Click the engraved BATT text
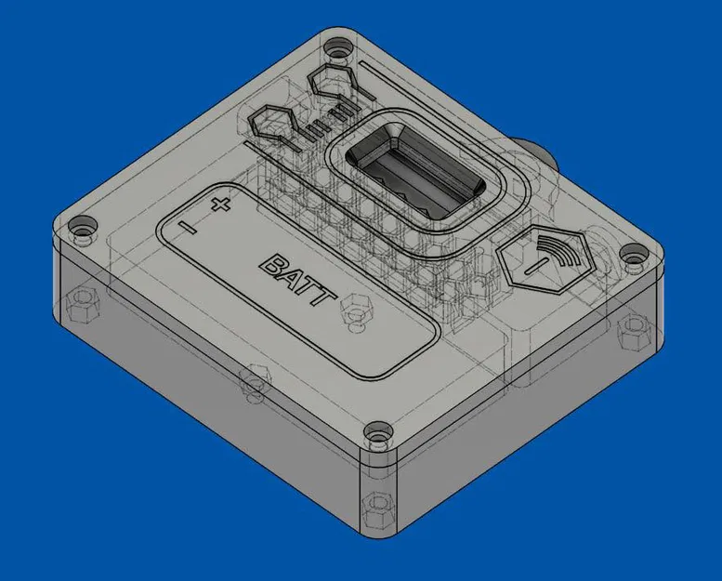pyautogui.click(x=296, y=280)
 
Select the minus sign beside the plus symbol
pyautogui.click(x=189, y=226)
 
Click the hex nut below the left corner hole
pyautogui.click(x=81, y=303)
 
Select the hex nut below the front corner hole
pyautogui.click(x=376, y=509)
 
